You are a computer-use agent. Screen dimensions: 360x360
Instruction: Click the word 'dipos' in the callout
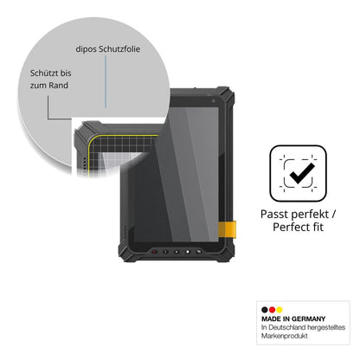[x=87, y=49]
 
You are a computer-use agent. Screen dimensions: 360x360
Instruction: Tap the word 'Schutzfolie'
[x=119, y=48]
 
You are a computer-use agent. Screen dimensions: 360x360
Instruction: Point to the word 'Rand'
[x=58, y=86]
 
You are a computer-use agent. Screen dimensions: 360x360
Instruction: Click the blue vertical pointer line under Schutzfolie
[x=106, y=82]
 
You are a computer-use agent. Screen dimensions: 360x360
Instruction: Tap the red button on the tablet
[x=155, y=252]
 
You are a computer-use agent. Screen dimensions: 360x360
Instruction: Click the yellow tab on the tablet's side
[x=227, y=229]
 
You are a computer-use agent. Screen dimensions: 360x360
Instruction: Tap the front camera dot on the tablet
[x=213, y=101]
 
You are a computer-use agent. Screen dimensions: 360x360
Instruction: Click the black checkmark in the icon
[x=302, y=173]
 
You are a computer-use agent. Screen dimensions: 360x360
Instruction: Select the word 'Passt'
[x=274, y=215]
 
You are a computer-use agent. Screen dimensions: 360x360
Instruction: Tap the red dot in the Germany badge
[x=272, y=310]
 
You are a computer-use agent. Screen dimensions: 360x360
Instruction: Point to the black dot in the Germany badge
[x=265, y=310]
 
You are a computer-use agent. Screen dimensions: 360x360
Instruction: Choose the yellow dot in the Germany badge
[x=280, y=310]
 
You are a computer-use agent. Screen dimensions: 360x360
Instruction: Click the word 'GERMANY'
[x=308, y=318]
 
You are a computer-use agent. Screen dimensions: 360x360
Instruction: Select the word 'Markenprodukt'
[x=285, y=336]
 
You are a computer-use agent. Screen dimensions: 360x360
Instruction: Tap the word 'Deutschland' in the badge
[x=287, y=327]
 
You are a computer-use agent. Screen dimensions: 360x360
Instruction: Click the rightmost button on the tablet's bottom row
[x=198, y=252]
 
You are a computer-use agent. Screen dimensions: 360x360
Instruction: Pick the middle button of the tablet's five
[x=177, y=252]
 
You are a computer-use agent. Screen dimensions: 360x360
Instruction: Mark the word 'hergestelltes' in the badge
[x=326, y=328]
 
